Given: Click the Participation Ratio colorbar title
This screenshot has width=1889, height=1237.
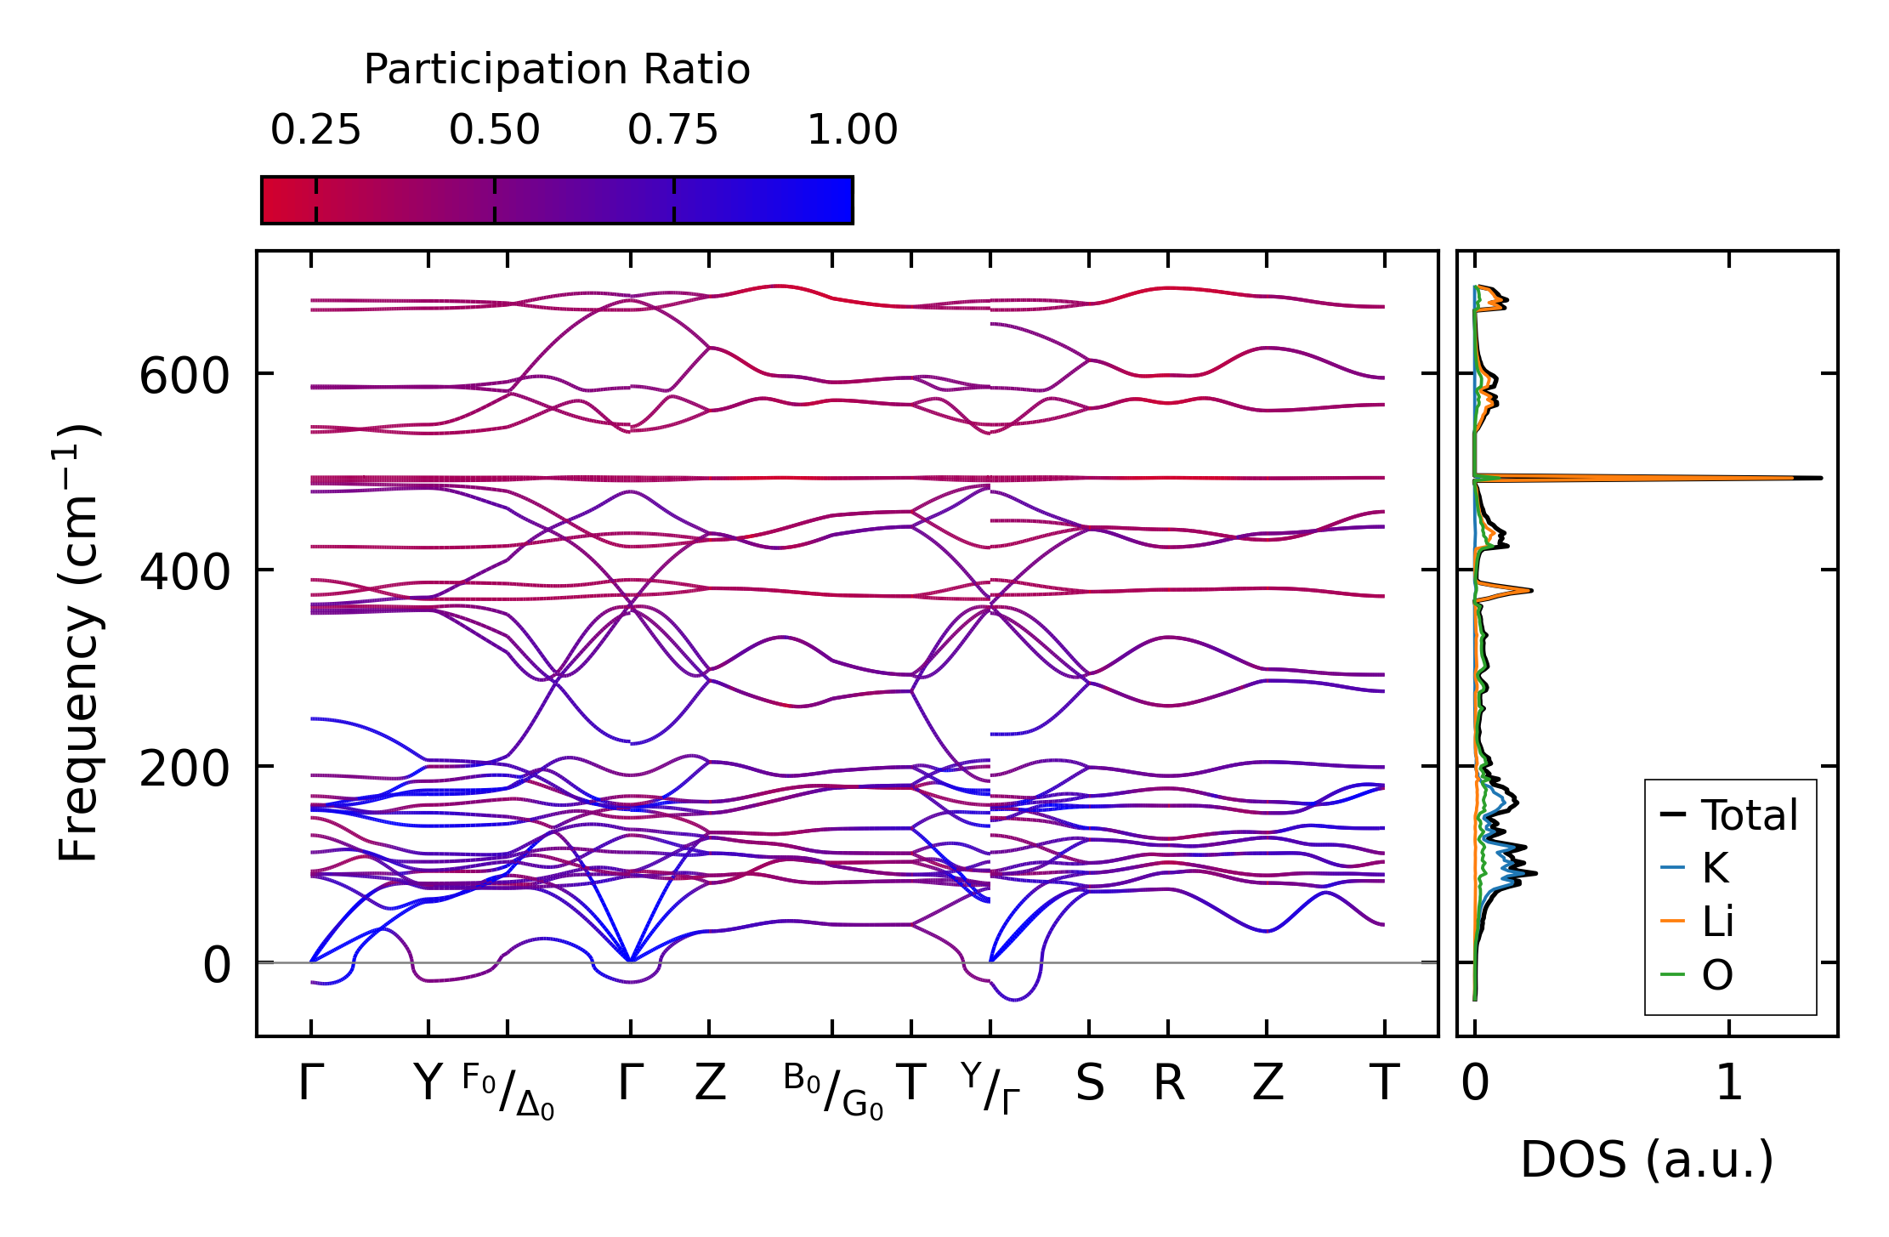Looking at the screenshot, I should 557,70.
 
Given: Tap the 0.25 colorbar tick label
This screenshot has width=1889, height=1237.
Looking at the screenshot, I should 315,131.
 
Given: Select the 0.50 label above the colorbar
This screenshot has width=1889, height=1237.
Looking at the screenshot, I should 494,131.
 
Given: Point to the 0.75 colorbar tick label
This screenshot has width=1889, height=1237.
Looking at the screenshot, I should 672,131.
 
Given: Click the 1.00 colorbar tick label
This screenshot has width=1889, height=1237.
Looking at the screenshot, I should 852,131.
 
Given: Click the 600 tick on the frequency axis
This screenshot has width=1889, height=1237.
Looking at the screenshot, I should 184,375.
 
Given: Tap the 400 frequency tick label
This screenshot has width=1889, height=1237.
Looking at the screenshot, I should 184,571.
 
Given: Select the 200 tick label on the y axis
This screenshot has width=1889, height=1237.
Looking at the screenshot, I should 184,769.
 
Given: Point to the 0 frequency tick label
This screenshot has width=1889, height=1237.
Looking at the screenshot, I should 216,965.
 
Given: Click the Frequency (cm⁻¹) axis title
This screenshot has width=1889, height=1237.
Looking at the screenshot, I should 79,643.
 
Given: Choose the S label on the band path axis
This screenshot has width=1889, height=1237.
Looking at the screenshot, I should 1089,1084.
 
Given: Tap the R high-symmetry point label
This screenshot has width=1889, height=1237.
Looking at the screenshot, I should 1168,1084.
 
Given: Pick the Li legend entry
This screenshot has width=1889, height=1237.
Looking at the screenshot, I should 1717,922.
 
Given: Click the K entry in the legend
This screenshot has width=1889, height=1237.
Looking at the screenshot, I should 1715,868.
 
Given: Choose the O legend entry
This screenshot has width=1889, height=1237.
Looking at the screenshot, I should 1716,975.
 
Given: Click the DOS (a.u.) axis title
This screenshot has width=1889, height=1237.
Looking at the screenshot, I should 1647,1160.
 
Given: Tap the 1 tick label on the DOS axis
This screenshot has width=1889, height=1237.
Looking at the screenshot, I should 1729,1084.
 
